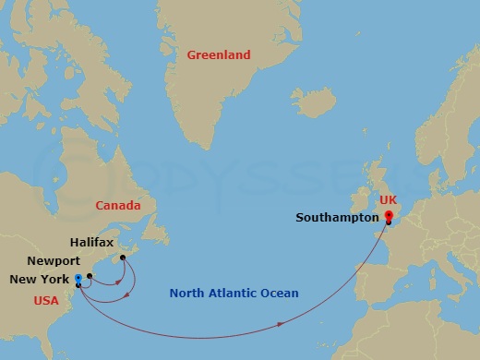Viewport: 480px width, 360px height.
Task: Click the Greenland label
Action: coord(219,55)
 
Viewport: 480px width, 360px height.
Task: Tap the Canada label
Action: coord(117,205)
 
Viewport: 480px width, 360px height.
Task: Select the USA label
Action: coord(46,301)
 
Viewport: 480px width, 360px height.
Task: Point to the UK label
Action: coord(388,200)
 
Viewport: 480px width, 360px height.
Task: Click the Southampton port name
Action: coord(338,219)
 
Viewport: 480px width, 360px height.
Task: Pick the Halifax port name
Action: coord(92,242)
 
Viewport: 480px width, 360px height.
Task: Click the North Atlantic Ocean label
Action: coord(234,294)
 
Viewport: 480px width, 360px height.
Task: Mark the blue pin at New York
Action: coord(78,277)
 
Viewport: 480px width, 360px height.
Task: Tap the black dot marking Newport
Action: coord(90,275)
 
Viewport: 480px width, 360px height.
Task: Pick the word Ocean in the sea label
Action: coord(279,294)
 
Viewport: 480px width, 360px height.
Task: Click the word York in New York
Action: coord(54,280)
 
